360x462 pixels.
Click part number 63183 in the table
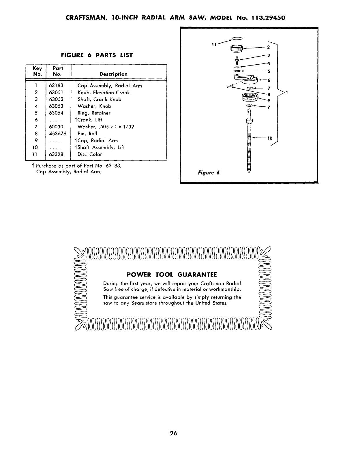tap(56, 86)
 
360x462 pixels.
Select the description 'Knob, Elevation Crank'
tap(104, 93)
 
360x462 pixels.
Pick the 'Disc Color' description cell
tap(90, 154)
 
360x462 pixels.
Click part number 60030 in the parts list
tap(56, 127)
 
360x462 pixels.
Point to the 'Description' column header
tap(113, 74)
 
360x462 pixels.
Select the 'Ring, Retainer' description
tap(94, 113)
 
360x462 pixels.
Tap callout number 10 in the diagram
tap(270, 138)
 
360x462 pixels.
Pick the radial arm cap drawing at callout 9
tap(250, 98)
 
